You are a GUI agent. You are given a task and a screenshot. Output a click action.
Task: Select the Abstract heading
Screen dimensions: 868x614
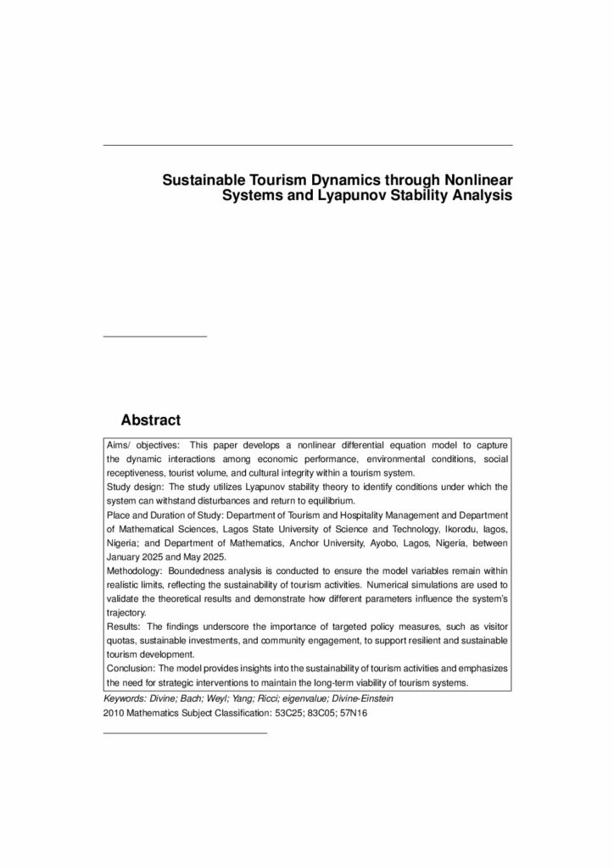pos(151,420)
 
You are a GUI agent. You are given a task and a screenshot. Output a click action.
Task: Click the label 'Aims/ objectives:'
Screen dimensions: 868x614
pos(143,444)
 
